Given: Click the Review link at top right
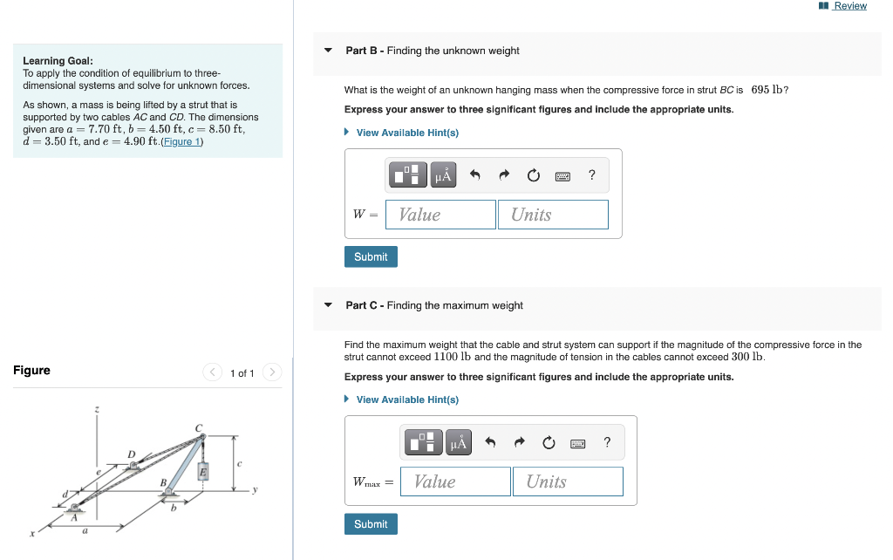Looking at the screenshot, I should click(849, 6).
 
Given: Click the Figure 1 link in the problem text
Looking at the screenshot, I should click(181, 141).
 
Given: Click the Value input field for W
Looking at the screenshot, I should click(440, 215).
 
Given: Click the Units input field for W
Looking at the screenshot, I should click(553, 215).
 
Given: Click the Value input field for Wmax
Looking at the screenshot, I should click(455, 481).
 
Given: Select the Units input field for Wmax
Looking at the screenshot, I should click(568, 481).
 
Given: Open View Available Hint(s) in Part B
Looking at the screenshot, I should click(406, 133).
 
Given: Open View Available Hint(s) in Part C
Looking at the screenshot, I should click(406, 400).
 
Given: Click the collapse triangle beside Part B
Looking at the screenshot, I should click(329, 51).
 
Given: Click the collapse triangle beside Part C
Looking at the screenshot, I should click(329, 305).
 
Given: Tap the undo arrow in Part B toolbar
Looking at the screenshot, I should click(475, 175).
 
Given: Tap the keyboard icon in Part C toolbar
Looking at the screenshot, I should click(577, 443).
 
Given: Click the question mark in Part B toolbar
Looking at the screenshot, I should click(592, 175).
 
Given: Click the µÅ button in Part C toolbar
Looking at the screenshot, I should click(458, 443).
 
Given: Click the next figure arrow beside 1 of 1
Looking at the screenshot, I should click(272, 373).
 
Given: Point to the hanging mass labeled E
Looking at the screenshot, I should click(202, 472).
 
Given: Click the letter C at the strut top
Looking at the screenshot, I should click(199, 427).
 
